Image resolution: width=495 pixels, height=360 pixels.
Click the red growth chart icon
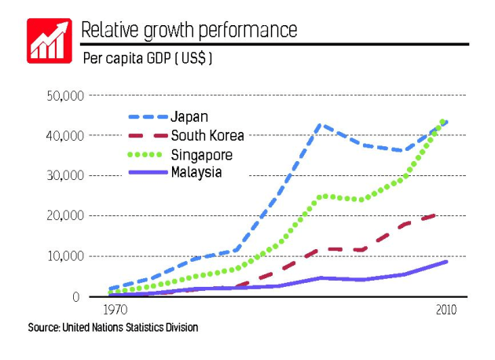(49, 40)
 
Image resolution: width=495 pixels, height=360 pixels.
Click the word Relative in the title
(110, 30)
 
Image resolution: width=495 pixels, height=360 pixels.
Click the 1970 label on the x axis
(116, 310)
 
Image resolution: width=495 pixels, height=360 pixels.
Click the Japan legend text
(189, 116)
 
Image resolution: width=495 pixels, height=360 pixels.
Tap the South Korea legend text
(207, 135)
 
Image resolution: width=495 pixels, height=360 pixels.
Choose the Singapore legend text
(202, 154)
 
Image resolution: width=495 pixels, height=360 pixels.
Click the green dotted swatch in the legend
(145, 154)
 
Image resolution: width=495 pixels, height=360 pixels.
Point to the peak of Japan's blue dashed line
(319, 124)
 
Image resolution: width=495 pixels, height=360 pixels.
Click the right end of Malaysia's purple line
(447, 262)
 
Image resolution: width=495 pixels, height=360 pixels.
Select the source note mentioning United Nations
(113, 326)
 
